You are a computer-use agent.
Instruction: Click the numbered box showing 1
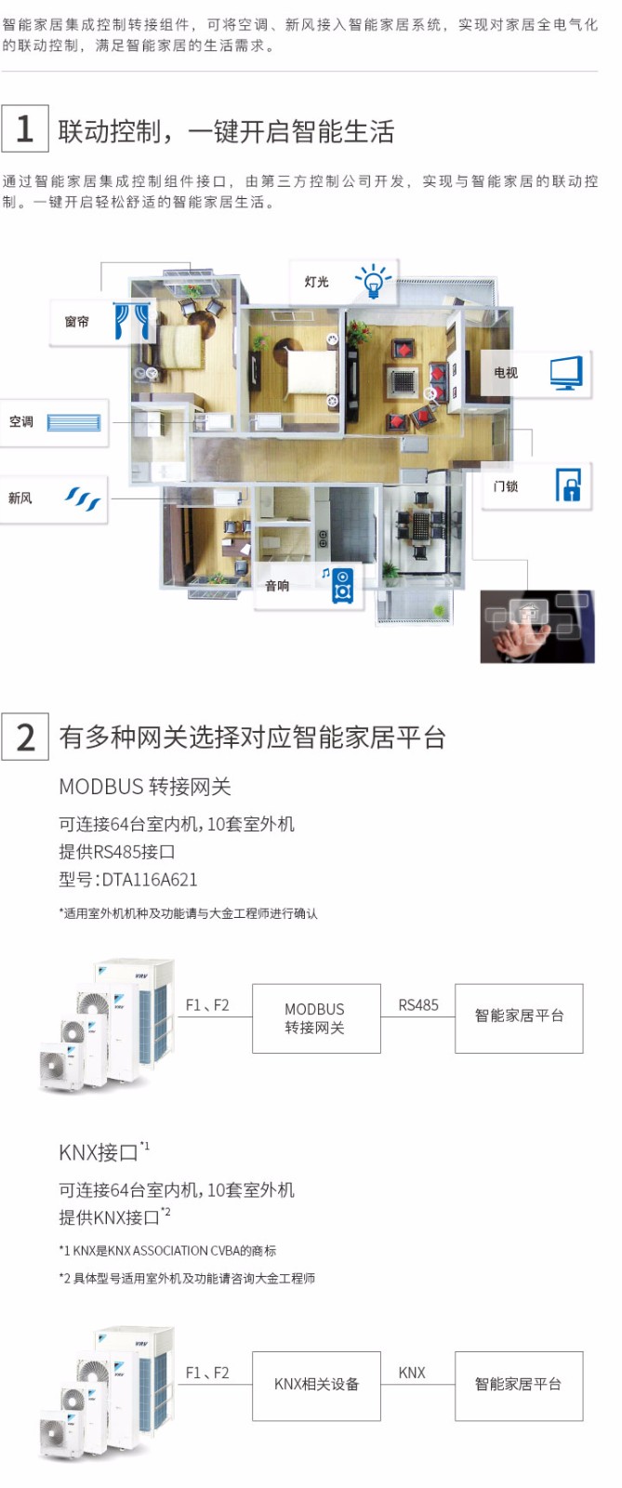point(25,128)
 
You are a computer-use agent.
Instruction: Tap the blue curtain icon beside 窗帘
point(130,321)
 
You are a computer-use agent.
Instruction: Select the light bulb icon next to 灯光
point(373,281)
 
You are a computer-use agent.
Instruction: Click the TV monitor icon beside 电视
point(565,373)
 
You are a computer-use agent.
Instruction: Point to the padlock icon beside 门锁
point(567,485)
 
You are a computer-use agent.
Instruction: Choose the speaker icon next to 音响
point(342,586)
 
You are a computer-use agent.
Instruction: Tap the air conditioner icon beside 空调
point(73,422)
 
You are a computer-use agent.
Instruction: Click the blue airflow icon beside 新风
point(82,498)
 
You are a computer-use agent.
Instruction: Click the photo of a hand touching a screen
point(536,626)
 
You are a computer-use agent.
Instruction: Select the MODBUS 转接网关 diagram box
point(315,1018)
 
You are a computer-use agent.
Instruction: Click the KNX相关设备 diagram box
point(316,1385)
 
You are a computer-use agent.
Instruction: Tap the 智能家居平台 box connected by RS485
point(519,1017)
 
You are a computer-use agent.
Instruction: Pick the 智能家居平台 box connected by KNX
point(519,1385)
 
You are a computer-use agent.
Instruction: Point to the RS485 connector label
point(417,1005)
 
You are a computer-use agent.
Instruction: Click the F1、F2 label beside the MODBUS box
point(206,1005)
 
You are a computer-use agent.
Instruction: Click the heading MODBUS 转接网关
point(145,787)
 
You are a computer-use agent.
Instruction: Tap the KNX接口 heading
point(99,1153)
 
